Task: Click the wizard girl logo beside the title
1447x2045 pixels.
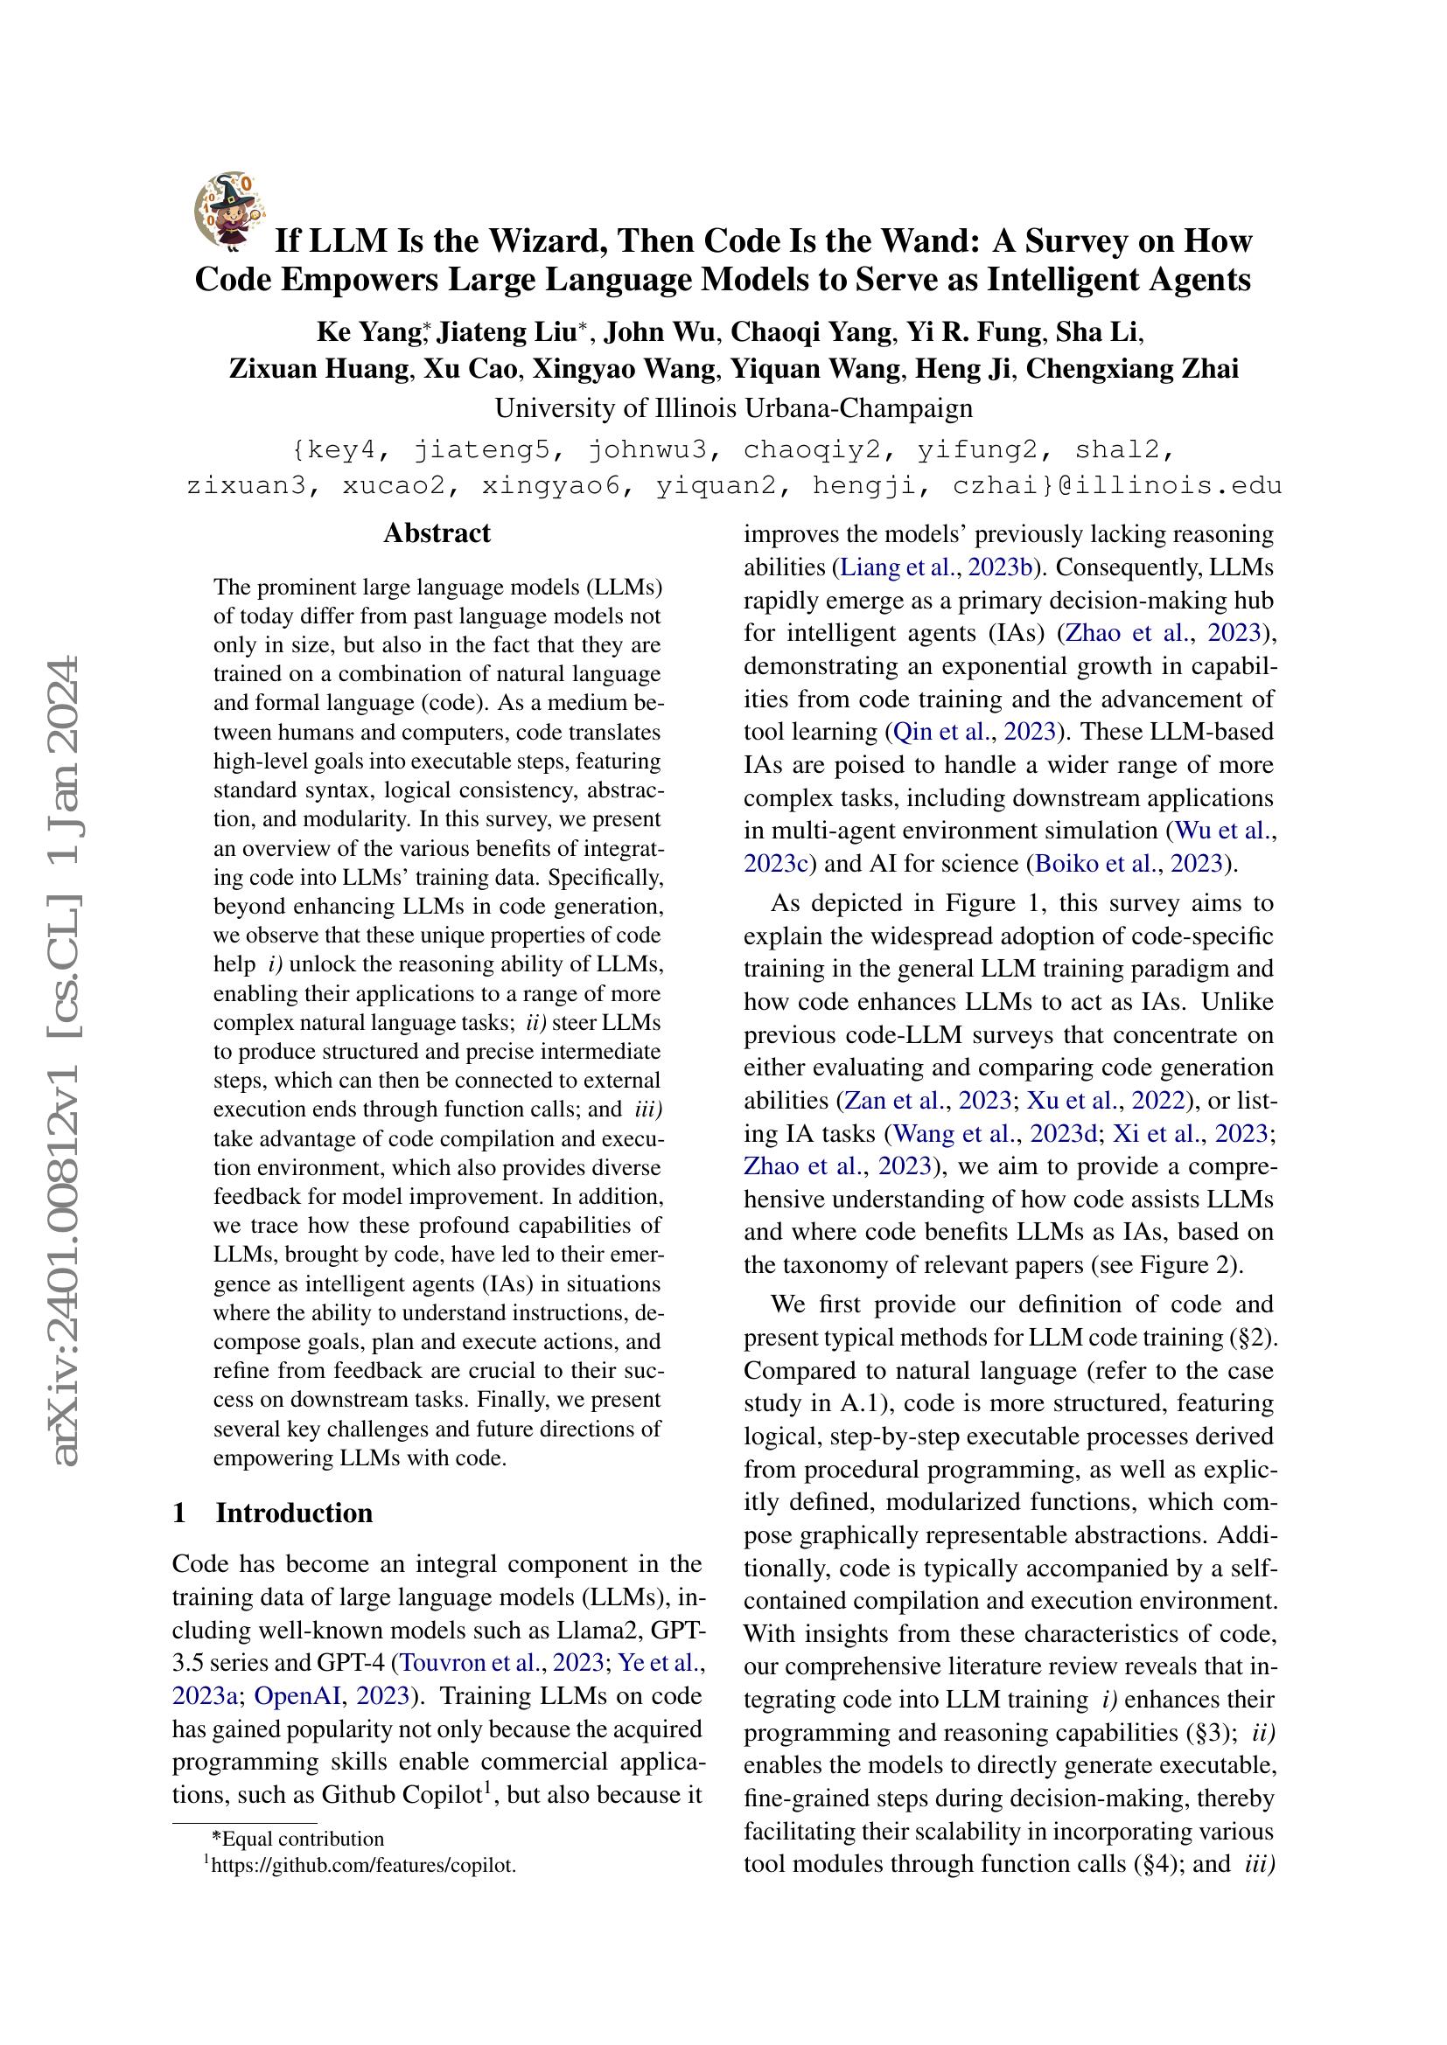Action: tap(228, 210)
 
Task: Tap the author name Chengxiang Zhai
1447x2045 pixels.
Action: tap(1132, 368)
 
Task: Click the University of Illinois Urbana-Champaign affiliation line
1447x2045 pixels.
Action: tap(733, 408)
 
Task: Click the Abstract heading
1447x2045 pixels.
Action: tap(437, 532)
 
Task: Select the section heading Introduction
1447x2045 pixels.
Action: tap(294, 1513)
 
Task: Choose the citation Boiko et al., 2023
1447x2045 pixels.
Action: tap(1131, 863)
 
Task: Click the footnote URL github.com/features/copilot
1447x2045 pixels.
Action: tap(363, 1864)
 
